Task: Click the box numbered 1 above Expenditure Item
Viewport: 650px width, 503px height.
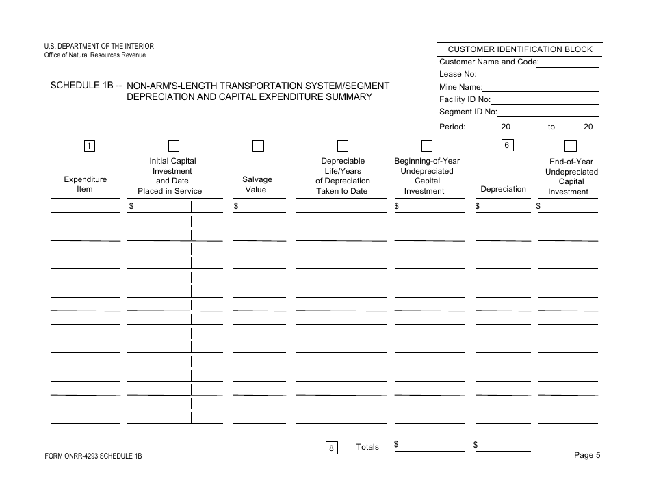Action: point(90,145)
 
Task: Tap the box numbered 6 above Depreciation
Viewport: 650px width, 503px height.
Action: point(507,145)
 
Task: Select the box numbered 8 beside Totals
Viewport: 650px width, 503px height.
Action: point(331,448)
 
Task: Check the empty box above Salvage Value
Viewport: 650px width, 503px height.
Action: point(258,146)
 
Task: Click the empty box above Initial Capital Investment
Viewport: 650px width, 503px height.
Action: point(173,146)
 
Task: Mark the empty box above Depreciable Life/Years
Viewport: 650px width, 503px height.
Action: point(343,146)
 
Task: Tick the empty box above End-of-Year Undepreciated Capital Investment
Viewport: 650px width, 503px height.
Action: point(570,146)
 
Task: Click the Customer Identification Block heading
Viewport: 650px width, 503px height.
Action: point(520,49)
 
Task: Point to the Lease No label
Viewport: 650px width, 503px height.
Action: point(458,74)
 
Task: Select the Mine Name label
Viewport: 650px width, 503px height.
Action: point(460,87)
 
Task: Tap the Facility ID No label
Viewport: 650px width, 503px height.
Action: point(467,99)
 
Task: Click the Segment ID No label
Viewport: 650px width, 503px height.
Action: point(468,112)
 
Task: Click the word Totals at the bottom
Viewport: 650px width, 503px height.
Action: point(367,447)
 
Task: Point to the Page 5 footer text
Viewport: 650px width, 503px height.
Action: point(587,456)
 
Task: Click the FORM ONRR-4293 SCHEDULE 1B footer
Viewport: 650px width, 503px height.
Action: point(94,456)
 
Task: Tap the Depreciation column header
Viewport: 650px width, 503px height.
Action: point(503,189)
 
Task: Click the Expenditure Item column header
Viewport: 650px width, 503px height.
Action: point(85,184)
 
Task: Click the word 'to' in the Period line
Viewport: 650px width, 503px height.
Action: point(551,127)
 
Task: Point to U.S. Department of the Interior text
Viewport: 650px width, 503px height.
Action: point(94,46)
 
